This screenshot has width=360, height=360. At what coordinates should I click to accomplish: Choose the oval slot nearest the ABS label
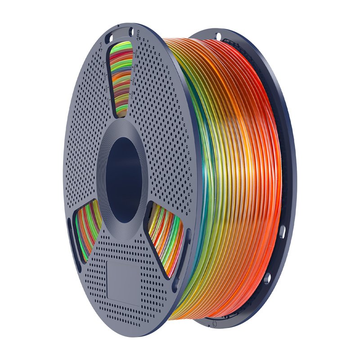(x=131, y=32)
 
